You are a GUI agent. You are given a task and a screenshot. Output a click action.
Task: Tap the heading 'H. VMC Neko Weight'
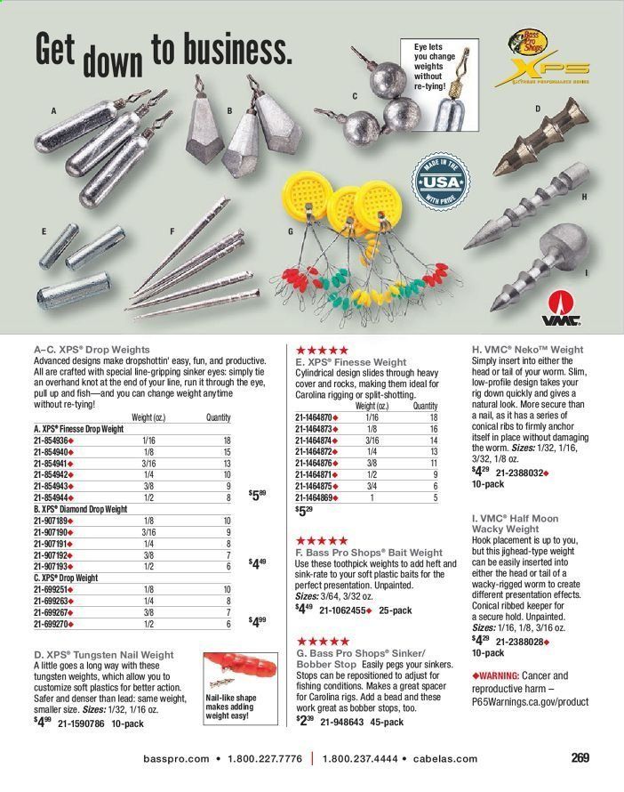point(524,350)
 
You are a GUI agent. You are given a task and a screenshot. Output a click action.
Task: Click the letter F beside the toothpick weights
point(172,231)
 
